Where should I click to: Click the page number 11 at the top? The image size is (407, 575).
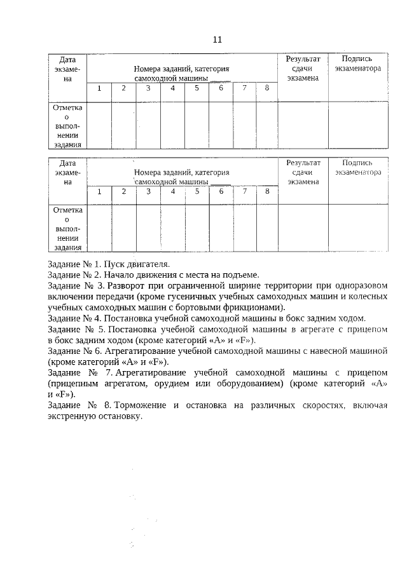click(217, 39)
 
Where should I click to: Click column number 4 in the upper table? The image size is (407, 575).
click(172, 88)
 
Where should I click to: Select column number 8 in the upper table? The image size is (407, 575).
click(267, 88)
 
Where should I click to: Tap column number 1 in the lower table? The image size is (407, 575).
click(99, 191)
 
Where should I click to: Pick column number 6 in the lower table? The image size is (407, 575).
click(221, 191)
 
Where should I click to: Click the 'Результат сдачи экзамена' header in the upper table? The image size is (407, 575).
click(303, 68)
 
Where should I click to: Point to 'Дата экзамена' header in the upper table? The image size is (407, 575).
click(68, 68)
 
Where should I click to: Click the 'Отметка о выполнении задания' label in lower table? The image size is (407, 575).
click(67, 227)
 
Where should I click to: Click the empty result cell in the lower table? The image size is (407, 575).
click(303, 227)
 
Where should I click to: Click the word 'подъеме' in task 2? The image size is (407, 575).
click(241, 274)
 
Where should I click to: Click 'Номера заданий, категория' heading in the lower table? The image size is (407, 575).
click(181, 172)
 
